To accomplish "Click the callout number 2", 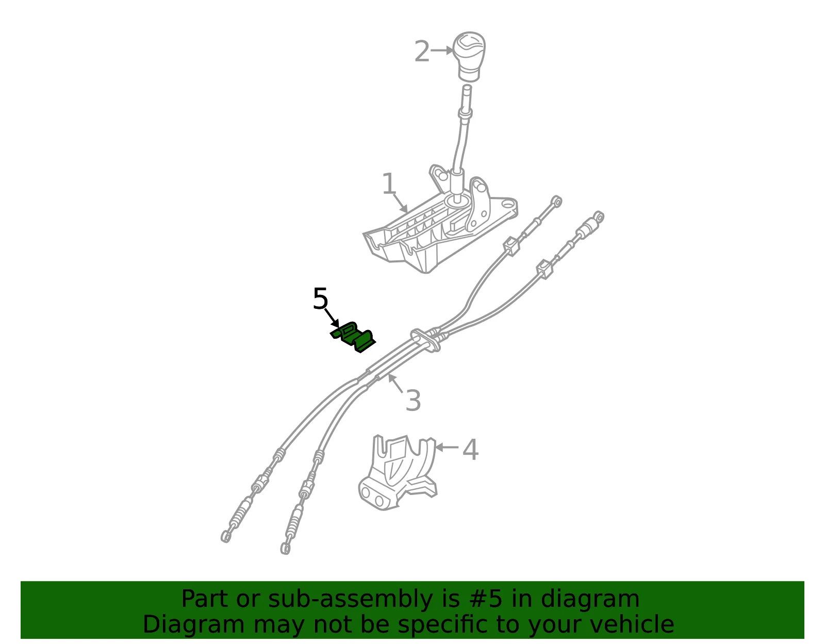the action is coord(421,51).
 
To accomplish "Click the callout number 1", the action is coord(389,183).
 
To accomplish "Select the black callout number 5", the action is coord(320,299).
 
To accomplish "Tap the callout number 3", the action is coord(413,400).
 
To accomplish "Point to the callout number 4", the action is coord(470,450).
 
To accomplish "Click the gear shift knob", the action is coord(469,57).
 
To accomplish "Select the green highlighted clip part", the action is coord(353,337).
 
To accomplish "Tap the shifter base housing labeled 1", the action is coord(440,224).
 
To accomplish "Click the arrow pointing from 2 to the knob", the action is coord(442,50).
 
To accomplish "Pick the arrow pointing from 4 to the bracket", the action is coord(447,447).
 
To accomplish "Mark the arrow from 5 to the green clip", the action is coord(332,318).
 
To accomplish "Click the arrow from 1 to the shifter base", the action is coord(400,203).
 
